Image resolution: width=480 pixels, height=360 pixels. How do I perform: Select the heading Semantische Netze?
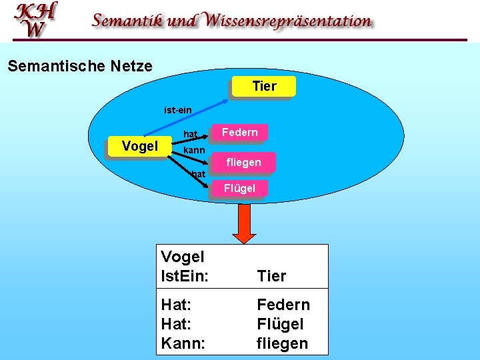coord(79,67)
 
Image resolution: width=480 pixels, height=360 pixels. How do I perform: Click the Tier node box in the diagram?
coord(264,87)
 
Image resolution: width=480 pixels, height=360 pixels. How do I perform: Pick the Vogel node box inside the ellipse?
coord(139,146)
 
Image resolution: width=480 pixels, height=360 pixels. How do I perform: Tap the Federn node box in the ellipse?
coord(239,133)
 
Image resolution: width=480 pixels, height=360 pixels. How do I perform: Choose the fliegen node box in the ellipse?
coord(243,162)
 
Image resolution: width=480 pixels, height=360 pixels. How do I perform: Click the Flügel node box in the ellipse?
coord(239,189)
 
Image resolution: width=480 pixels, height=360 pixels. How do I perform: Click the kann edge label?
coord(194,151)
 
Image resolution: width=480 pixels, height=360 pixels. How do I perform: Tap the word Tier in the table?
coord(271,276)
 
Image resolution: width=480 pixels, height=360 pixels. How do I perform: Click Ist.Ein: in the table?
coord(184,276)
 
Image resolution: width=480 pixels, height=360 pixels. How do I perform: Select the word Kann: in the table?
coord(183,344)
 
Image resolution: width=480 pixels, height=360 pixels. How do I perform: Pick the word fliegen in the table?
coord(283,344)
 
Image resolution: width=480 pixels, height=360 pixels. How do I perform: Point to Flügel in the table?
coord(280,325)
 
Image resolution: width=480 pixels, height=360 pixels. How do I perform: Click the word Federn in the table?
coord(283,305)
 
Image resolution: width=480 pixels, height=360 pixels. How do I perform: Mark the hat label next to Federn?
coord(190,135)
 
